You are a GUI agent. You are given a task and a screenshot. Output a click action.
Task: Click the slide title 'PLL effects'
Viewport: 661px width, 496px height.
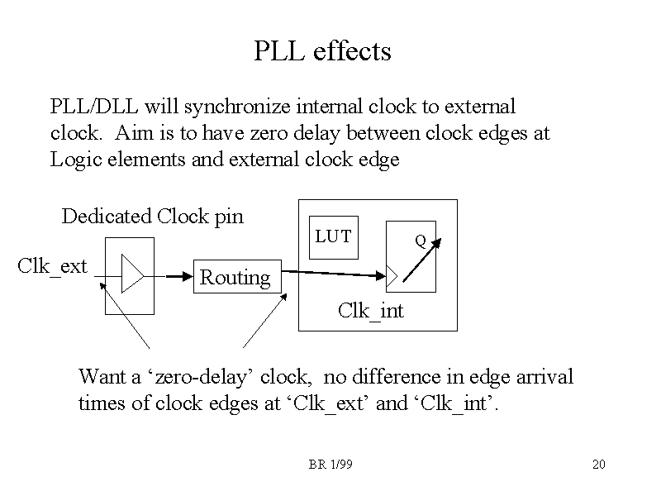[x=321, y=52]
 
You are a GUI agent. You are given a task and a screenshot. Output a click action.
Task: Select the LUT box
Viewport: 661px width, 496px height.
[x=333, y=237]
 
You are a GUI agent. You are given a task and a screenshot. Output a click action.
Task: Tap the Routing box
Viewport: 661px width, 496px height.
[x=235, y=278]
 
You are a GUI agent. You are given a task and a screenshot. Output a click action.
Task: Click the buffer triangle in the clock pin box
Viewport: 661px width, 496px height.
[x=132, y=274]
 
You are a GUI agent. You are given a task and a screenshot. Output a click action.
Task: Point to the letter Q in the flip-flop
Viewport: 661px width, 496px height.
[x=420, y=241]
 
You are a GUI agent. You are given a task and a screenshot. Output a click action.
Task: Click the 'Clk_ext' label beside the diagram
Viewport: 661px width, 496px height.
[x=52, y=266]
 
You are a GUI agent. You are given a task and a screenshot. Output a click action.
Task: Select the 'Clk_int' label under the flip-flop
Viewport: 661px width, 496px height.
[x=371, y=312]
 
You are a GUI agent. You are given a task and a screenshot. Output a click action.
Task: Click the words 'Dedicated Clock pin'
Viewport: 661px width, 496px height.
[x=153, y=217]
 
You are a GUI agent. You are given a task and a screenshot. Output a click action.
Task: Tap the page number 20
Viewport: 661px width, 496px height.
[x=599, y=465]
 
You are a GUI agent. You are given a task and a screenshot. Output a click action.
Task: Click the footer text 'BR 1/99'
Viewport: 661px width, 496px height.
[x=330, y=465]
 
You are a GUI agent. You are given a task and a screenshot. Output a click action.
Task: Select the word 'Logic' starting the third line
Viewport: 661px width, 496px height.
[x=73, y=160]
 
